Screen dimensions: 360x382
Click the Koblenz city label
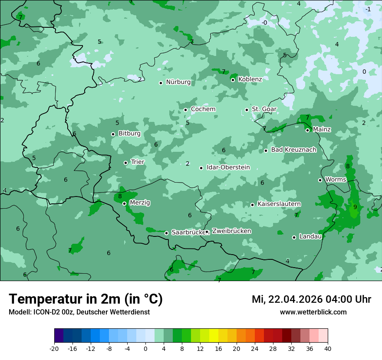click(250, 79)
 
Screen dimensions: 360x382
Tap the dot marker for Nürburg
click(161, 83)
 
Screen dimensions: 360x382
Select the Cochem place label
click(203, 109)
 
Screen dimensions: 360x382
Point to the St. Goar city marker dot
click(247, 110)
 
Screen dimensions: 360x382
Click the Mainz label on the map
click(322, 130)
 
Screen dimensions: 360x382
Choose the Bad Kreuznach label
click(293, 150)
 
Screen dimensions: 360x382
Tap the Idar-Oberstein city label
click(228, 167)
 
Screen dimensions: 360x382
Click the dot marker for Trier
click(126, 163)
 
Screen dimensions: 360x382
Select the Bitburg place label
click(129, 134)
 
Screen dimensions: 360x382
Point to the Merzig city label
click(140, 203)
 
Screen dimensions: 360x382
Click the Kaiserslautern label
click(279, 204)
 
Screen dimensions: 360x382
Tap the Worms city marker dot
click(320, 180)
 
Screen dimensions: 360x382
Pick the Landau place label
click(310, 237)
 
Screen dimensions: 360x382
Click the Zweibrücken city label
click(231, 231)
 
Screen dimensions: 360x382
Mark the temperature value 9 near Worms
click(355, 207)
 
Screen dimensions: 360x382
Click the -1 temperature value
click(368, 9)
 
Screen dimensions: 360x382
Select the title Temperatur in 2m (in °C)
click(86, 299)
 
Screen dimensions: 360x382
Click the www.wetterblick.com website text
click(313, 312)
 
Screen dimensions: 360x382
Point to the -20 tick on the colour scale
click(54, 349)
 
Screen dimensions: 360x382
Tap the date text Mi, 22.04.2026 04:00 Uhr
click(311, 299)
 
